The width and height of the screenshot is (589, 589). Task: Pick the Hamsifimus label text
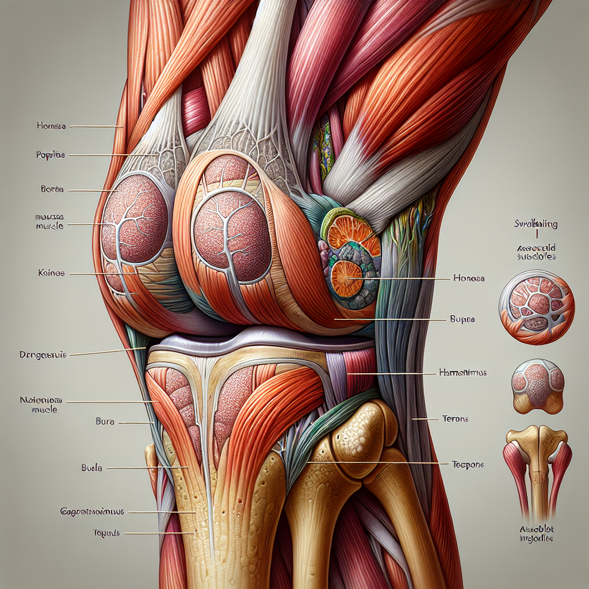462,373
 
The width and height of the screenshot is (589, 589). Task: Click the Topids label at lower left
105,533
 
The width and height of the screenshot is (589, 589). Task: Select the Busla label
91,468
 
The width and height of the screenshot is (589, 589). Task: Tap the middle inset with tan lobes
537,386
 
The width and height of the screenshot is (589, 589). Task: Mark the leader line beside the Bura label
135,423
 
